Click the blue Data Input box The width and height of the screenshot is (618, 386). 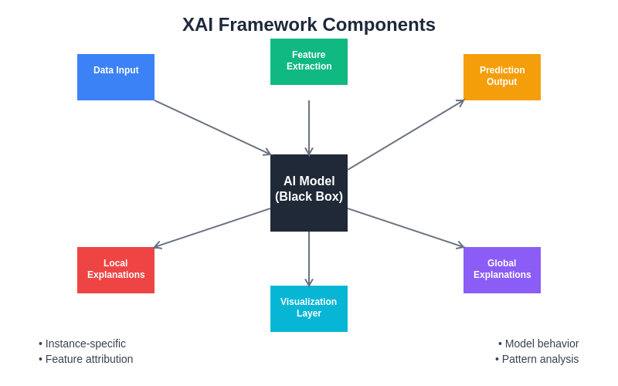[116, 77]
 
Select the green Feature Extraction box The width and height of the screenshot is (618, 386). [309, 62]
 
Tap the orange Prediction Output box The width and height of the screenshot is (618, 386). [502, 77]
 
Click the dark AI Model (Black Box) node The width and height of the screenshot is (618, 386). [309, 193]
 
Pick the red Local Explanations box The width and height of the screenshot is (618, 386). [116, 270]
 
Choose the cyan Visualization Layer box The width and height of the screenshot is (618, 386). [309, 309]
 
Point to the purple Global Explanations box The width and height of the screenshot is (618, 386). [502, 270]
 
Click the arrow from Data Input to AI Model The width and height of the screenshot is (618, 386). [212, 127]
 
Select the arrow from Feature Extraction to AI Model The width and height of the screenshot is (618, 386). [309, 127]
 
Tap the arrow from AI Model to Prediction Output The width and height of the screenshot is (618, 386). [406, 135]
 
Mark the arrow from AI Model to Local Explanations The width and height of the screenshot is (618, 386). [212, 228]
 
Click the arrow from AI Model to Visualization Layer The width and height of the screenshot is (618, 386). [309, 259]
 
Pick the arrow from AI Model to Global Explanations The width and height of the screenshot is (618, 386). [406, 228]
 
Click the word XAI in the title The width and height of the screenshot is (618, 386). [198, 25]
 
